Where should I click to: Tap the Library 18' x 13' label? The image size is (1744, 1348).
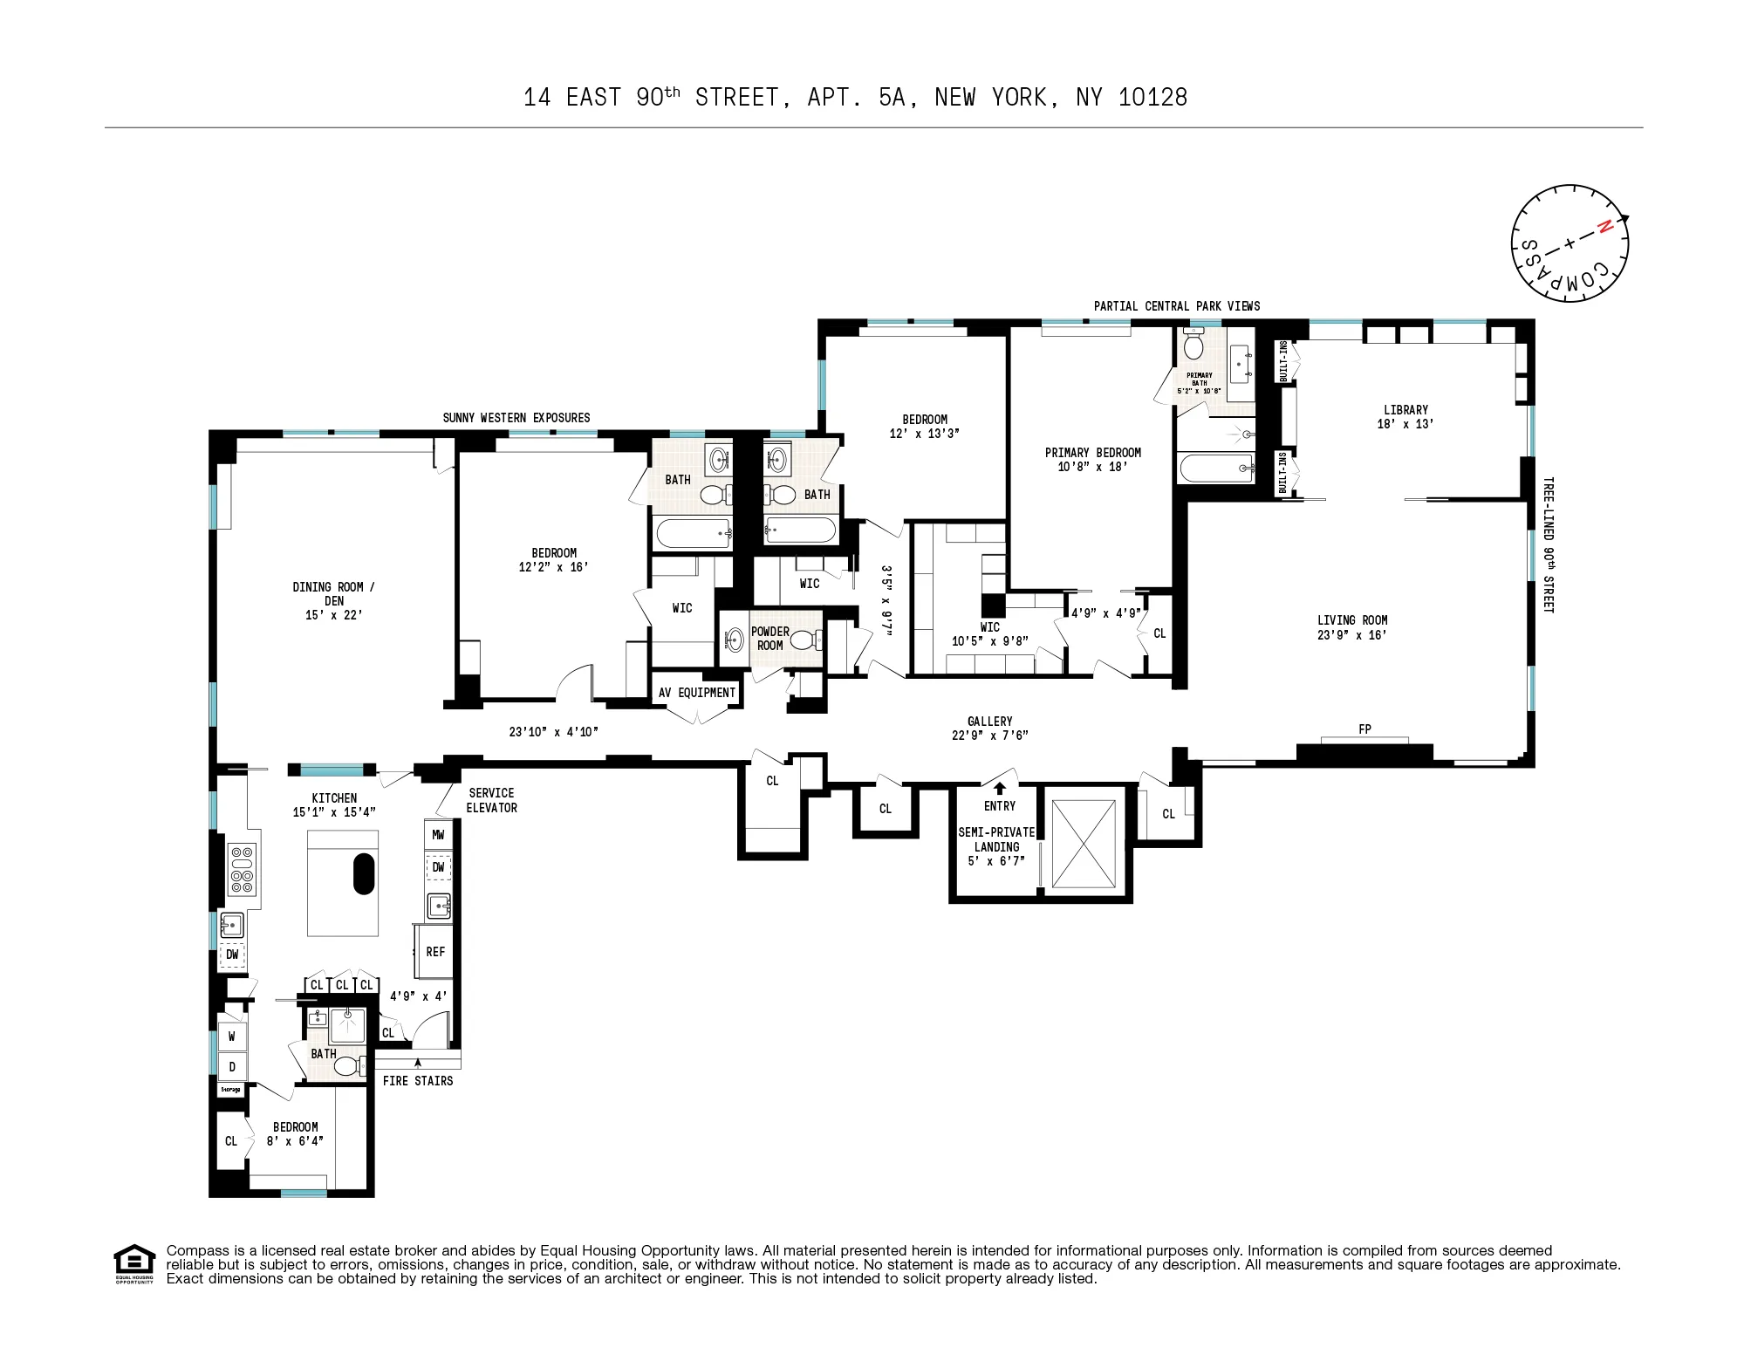click(1405, 416)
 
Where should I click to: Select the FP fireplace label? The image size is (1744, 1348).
click(1364, 729)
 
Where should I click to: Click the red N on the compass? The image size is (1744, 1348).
click(1603, 228)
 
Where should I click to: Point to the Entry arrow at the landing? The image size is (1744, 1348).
click(1000, 788)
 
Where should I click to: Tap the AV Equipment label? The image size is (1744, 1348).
click(696, 693)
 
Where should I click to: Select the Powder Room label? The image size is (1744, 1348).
click(769, 639)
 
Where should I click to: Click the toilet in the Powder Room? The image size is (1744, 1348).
click(805, 640)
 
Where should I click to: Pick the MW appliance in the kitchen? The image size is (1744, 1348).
click(438, 835)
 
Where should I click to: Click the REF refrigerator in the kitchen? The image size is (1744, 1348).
click(435, 952)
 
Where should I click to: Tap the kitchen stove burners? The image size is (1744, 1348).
click(242, 869)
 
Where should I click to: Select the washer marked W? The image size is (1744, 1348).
click(232, 1037)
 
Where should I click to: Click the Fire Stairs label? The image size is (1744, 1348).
click(418, 1081)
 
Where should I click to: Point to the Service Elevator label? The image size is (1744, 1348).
click(491, 800)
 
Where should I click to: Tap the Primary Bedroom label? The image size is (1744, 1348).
click(1092, 459)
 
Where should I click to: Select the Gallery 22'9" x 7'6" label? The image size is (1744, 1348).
click(989, 728)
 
